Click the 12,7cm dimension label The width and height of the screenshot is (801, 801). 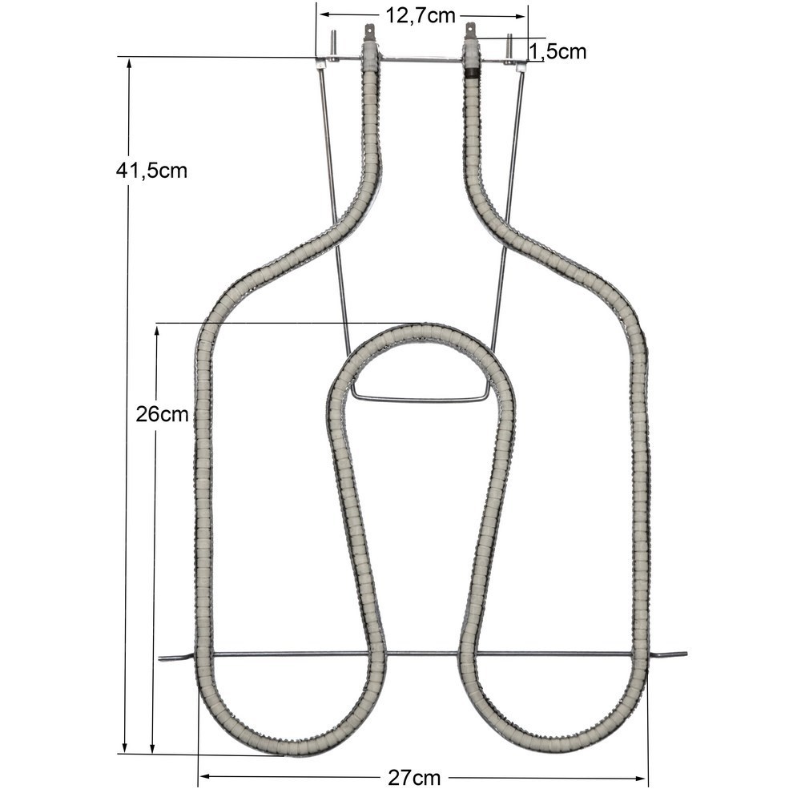[420, 16]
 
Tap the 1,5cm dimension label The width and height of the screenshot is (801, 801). [557, 51]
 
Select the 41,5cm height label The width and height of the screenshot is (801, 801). [151, 171]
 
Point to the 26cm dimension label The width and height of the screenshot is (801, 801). [162, 414]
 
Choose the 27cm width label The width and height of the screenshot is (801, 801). [414, 778]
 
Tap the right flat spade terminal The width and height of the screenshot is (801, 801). [470, 32]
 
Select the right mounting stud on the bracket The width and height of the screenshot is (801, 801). [509, 47]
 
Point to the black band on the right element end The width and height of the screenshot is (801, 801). [473, 73]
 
